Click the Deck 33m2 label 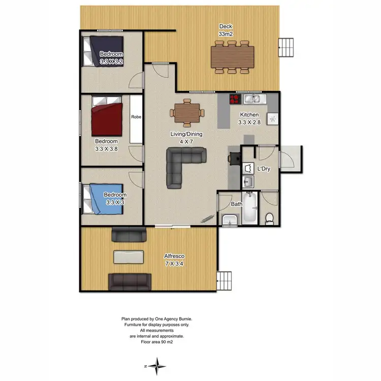click(x=226, y=30)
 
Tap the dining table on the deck click(x=233, y=56)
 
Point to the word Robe click(x=136, y=117)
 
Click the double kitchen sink click(x=252, y=99)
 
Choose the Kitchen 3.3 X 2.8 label click(x=250, y=118)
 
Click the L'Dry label click(x=263, y=168)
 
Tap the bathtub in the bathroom click(x=249, y=209)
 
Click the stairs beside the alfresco click(x=224, y=280)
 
